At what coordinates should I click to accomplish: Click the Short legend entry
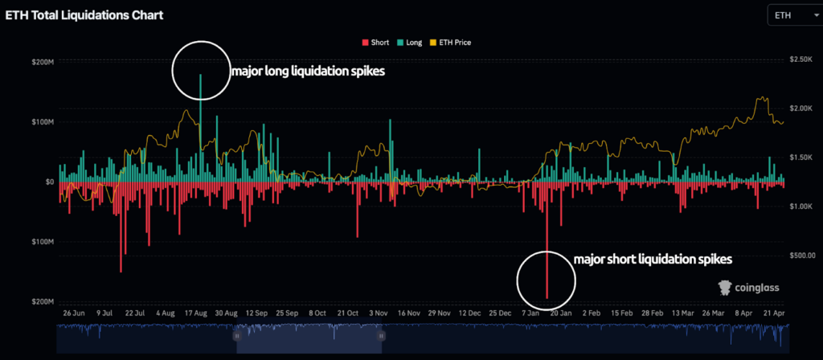[376, 43]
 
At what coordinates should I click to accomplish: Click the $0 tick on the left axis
[48, 182]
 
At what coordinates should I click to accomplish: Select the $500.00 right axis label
[801, 256]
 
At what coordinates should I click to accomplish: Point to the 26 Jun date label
[74, 312]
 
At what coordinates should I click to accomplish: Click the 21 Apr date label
[772, 312]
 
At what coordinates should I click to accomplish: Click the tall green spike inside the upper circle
[200, 88]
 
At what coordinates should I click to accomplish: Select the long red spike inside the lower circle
[547, 273]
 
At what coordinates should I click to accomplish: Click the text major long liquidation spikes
[308, 72]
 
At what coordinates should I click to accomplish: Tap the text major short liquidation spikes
[653, 260]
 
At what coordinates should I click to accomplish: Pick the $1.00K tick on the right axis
[800, 207]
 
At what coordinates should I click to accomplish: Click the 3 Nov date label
[378, 312]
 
